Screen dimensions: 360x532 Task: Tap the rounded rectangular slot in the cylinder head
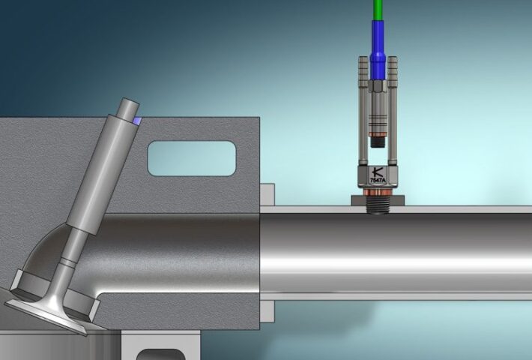[x=192, y=157]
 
